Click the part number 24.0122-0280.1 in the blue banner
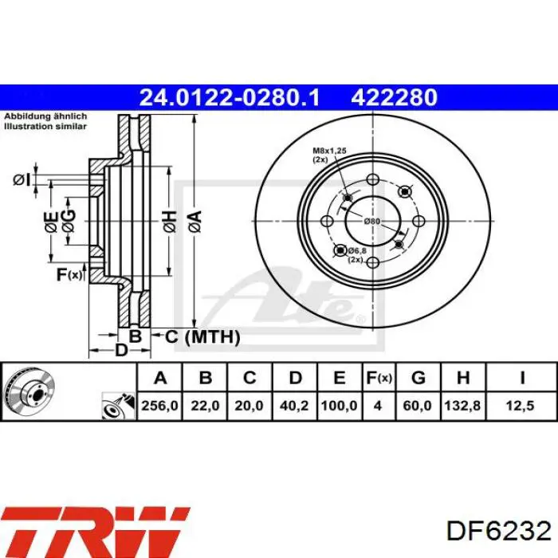coord(230,97)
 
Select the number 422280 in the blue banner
coord(395,97)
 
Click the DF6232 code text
coord(499,532)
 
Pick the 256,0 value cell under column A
coord(159,405)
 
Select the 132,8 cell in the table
coord(462,405)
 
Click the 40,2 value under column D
coord(294,405)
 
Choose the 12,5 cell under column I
coord(521,405)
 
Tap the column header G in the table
coord(418,378)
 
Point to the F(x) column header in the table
coord(379,378)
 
